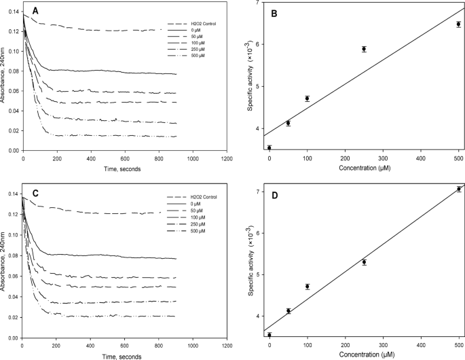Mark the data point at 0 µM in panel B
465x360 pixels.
269,148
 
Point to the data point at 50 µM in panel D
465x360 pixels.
289,311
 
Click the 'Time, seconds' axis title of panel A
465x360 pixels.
123,169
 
